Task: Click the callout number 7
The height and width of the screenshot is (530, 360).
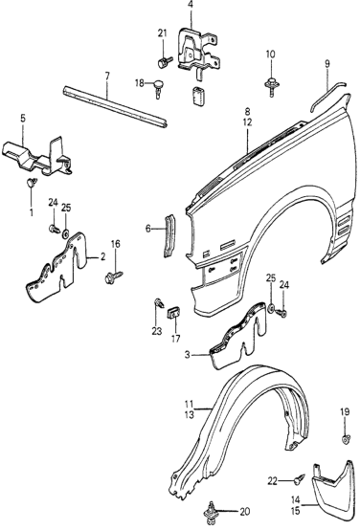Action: [x=107, y=76]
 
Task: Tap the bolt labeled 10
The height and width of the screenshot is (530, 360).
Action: [x=271, y=86]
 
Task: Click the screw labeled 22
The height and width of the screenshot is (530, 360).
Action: [x=300, y=480]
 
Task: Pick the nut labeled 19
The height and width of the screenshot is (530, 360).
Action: [x=345, y=439]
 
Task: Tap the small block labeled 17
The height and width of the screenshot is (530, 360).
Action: [x=174, y=313]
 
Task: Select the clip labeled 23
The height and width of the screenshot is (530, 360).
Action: [x=158, y=303]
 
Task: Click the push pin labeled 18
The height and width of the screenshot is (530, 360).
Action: [x=158, y=88]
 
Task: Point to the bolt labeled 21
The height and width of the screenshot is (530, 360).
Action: [x=165, y=62]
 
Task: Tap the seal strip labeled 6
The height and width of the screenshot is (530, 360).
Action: [x=169, y=235]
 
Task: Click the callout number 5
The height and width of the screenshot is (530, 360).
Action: [x=23, y=119]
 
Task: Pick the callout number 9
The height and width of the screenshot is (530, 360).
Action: [x=327, y=64]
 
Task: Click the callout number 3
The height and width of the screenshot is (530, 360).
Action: [x=187, y=355]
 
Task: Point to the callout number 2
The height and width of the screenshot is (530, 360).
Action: [x=102, y=256]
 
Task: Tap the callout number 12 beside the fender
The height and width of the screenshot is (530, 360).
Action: [x=247, y=122]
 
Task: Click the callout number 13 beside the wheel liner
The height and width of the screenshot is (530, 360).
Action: [x=190, y=414]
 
